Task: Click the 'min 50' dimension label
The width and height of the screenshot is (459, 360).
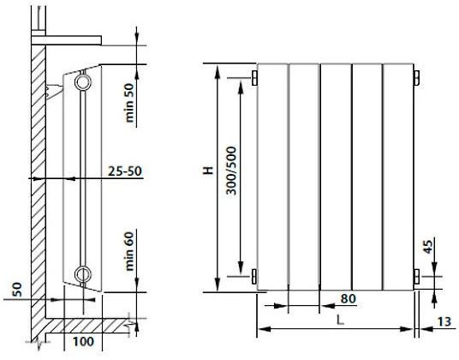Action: tap(129, 103)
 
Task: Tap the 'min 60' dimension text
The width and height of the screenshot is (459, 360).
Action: tap(129, 251)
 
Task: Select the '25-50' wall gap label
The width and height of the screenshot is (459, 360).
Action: tap(125, 171)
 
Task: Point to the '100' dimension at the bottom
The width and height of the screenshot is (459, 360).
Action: tap(83, 341)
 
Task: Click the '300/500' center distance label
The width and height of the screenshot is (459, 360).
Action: tap(231, 171)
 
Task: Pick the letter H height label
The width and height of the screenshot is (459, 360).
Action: tap(208, 171)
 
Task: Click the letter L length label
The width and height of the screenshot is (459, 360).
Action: tap(340, 320)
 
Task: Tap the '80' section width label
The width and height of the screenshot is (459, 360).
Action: tap(349, 298)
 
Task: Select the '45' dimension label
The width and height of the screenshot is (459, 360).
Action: tap(427, 247)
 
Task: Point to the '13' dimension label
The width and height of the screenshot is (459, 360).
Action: tap(444, 321)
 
